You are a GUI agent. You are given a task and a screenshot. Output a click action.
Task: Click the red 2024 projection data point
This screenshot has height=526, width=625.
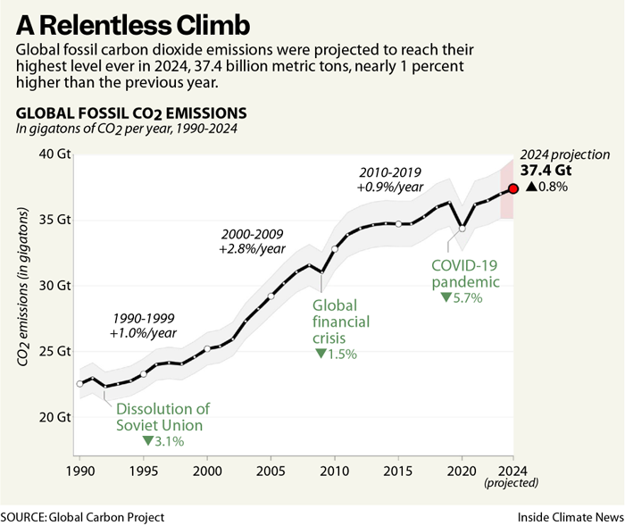pos(513,188)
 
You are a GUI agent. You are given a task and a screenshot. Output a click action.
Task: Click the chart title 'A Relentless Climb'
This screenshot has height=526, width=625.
pos(126,21)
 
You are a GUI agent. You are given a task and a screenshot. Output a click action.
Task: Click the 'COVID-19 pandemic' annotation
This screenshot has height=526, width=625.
pos(465,274)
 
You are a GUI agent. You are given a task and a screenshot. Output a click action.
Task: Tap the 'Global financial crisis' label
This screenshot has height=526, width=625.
pos(341,321)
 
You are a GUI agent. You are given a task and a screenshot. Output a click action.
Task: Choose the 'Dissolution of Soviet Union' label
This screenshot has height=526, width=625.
pos(162,416)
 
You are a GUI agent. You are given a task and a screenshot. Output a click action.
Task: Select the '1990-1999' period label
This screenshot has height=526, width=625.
pos(143,318)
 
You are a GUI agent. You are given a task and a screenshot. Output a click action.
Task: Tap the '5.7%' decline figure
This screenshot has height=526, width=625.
pos(468,298)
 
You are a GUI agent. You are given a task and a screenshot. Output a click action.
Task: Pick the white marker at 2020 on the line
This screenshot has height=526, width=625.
pos(462,229)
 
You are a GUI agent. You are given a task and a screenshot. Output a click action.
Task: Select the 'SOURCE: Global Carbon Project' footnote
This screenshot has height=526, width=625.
pos(83,516)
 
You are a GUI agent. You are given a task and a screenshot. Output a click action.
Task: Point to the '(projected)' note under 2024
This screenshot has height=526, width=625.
pos(512,482)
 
